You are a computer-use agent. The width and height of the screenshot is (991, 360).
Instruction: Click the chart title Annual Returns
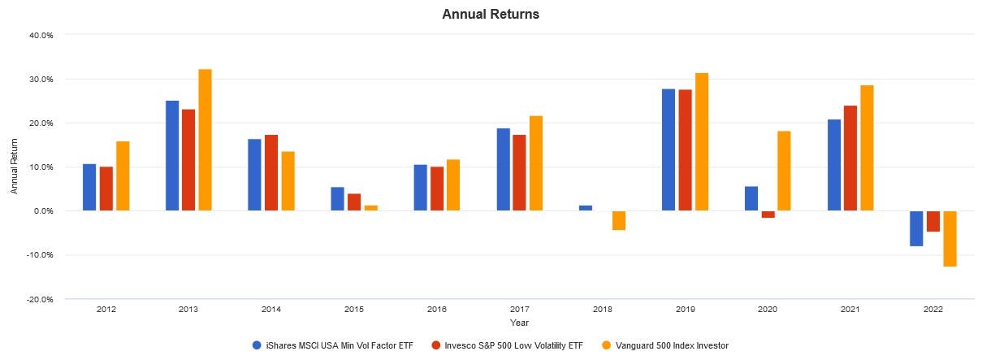(491, 15)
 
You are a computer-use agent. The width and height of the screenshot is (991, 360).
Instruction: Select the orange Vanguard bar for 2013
(206, 140)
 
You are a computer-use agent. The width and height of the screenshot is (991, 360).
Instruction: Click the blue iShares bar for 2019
(669, 150)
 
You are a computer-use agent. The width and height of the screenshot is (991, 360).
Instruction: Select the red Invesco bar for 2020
(768, 215)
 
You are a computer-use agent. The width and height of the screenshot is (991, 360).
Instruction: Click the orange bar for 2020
(784, 171)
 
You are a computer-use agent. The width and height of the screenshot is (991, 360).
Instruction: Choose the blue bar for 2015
(338, 199)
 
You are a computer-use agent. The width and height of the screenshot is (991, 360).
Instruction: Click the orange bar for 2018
(618, 220)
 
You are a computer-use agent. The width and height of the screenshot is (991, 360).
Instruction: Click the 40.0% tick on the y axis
(40, 36)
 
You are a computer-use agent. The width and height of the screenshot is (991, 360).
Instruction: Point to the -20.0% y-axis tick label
(39, 299)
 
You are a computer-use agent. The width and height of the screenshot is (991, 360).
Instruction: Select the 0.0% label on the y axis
(41, 211)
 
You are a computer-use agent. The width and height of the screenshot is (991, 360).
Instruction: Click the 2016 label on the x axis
(435, 310)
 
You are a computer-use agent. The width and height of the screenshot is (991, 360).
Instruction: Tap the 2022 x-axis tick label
(933, 310)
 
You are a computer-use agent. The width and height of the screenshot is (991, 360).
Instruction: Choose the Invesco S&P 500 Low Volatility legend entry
(513, 345)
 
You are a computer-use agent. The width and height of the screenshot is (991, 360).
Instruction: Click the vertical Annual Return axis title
(14, 167)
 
